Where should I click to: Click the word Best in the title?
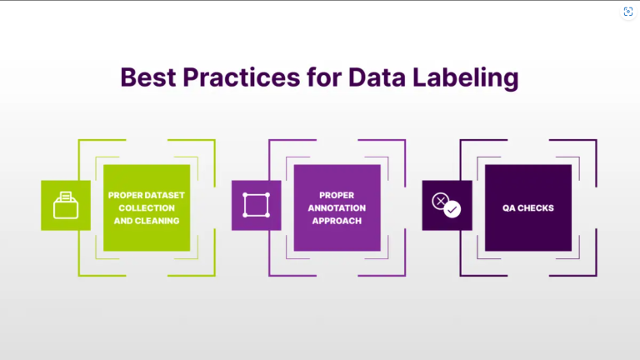point(148,77)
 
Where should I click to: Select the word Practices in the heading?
point(241,77)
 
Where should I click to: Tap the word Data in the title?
point(377,77)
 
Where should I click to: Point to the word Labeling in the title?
point(466,78)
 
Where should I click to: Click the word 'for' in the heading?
point(324,77)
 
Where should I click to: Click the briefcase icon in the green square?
point(66,205)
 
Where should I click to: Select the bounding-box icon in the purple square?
point(257,205)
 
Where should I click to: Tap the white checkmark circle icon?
point(452,209)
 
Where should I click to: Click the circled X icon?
point(440,201)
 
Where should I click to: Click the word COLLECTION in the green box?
point(147,208)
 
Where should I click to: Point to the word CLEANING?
point(157,221)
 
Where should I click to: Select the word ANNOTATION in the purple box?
point(337,208)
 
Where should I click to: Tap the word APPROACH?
point(337,221)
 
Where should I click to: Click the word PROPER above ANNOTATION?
point(337,195)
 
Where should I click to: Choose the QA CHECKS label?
point(528,208)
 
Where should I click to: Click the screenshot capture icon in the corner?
point(628,12)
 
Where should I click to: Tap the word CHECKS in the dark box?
point(536,208)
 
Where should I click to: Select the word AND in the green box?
point(123,221)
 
